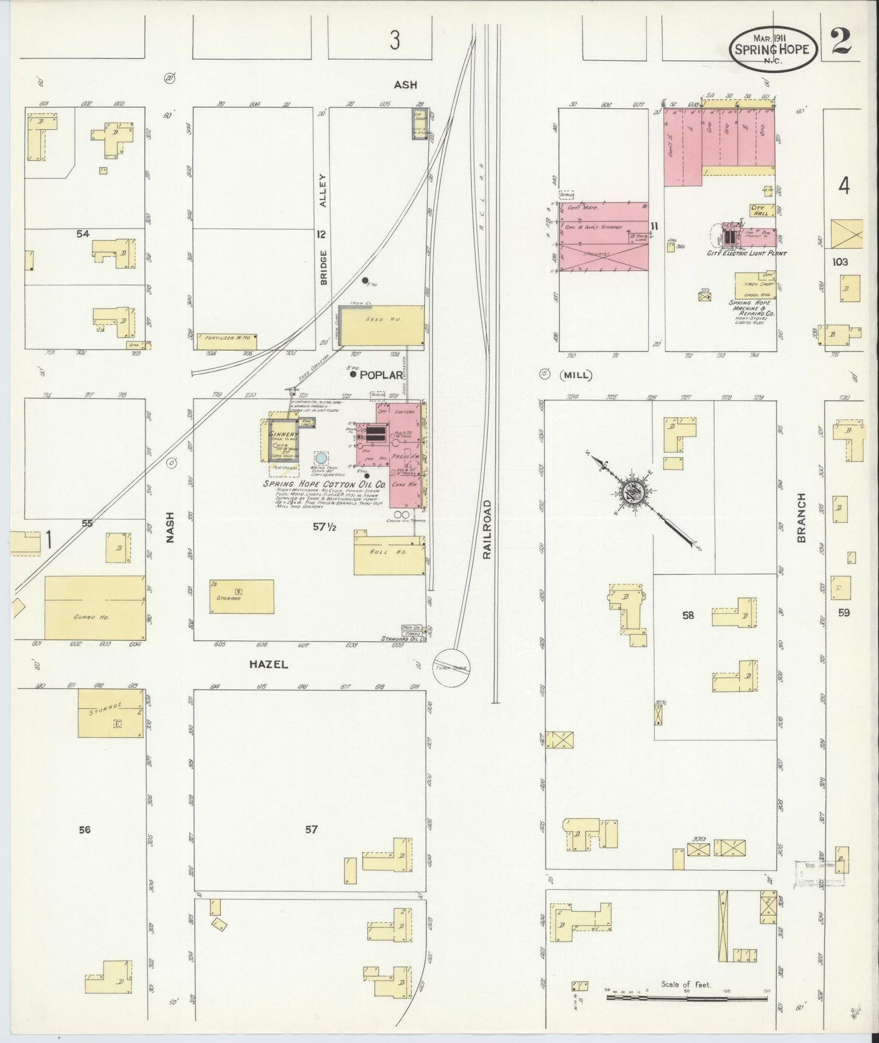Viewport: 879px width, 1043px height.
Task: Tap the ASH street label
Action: point(405,85)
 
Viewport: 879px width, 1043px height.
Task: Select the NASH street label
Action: point(170,527)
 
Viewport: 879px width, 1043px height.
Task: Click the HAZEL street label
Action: point(268,665)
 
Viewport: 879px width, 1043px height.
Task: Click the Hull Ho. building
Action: point(390,553)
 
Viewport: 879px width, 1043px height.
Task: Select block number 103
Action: point(840,262)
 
